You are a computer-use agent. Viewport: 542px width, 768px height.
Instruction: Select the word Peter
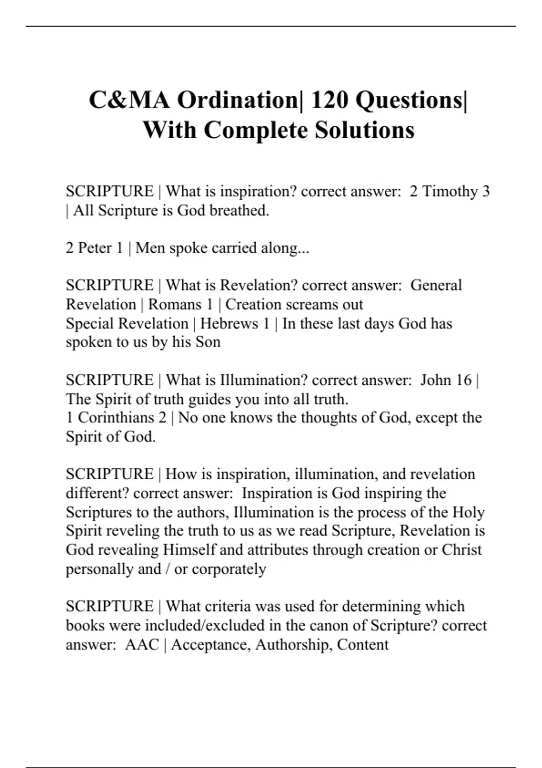point(97,248)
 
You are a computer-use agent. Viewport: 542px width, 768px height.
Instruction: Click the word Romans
point(175,304)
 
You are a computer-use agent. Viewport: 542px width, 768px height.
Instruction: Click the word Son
point(208,342)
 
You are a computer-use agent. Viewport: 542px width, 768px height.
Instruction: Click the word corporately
point(229,569)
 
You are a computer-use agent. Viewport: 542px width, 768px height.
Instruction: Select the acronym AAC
point(142,644)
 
